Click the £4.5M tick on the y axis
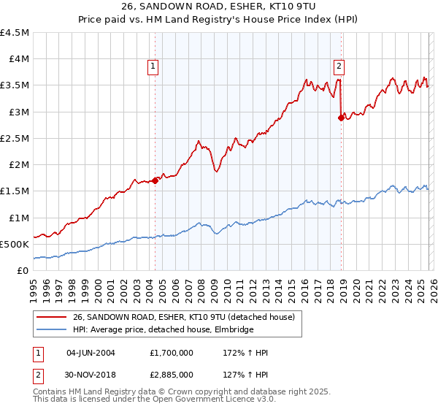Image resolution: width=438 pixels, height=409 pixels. tap(15, 33)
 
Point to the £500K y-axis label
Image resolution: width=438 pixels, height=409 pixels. tap(15, 244)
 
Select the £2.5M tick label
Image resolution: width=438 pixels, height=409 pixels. tap(15, 138)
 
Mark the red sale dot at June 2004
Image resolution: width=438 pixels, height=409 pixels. tap(155, 180)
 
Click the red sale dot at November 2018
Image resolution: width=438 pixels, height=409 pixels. tap(342, 118)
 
